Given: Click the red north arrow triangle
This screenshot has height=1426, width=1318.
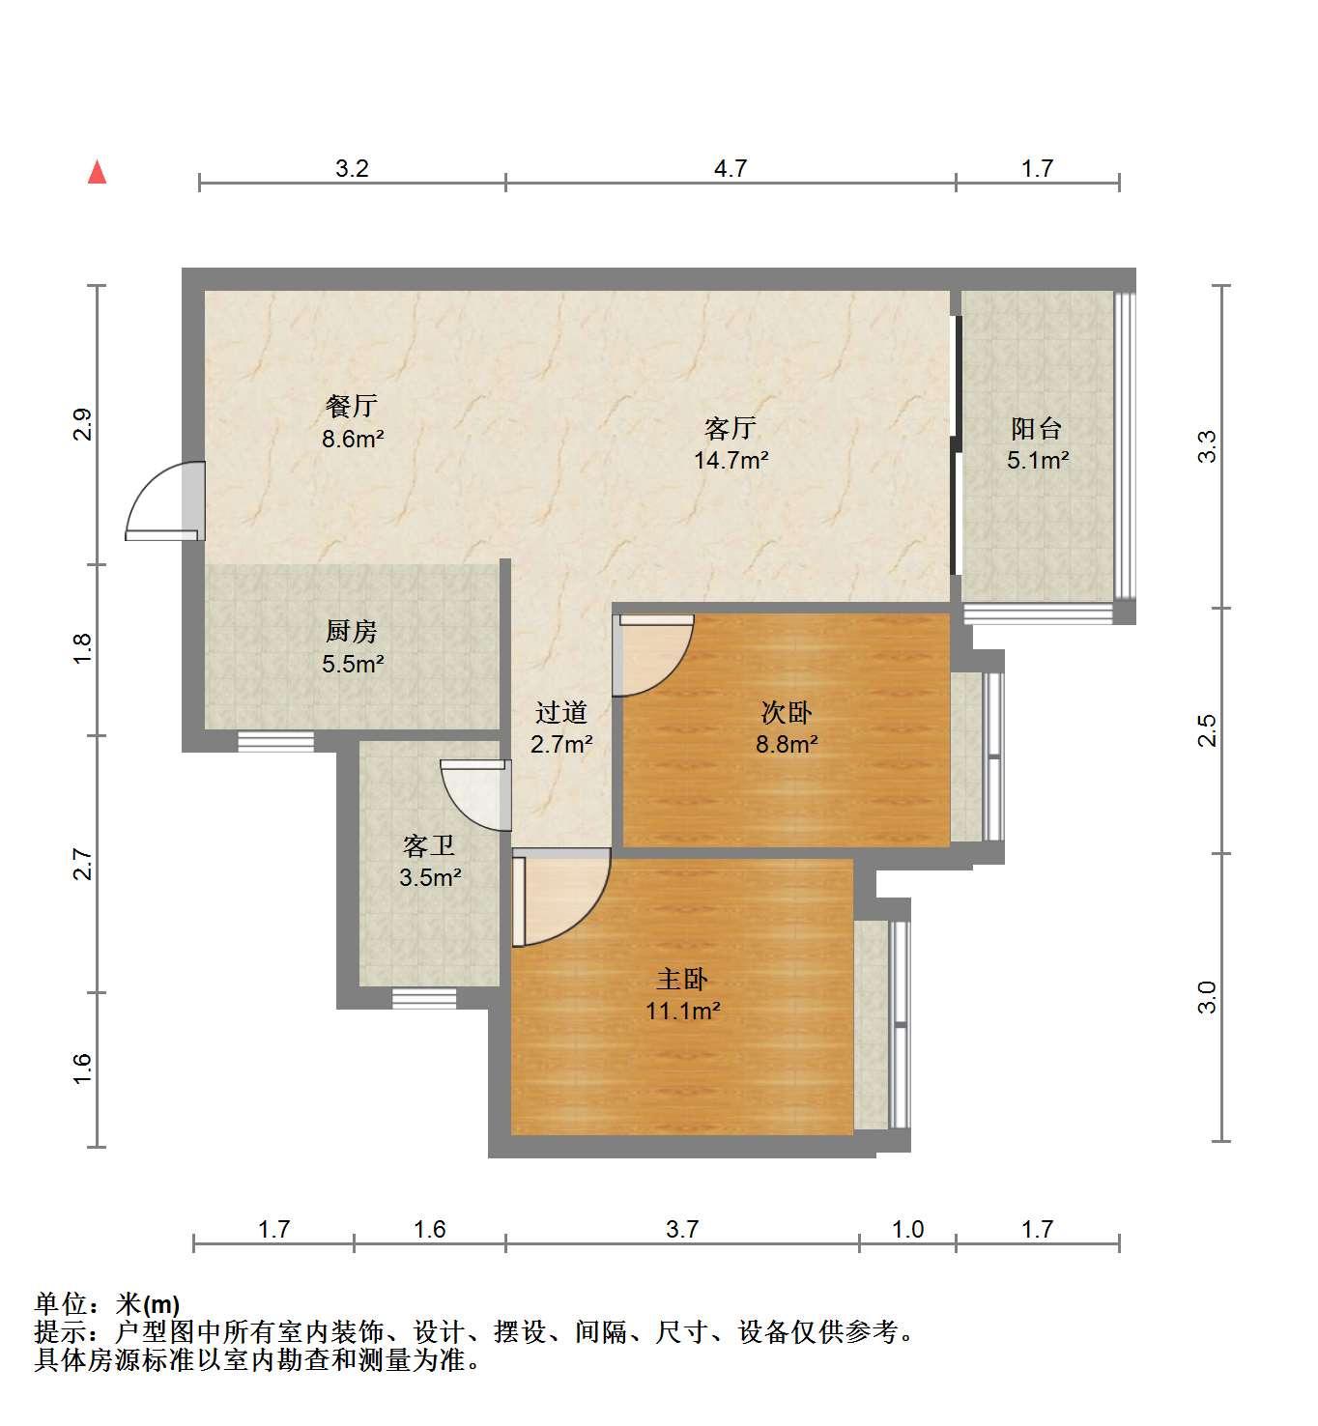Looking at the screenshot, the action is pyautogui.click(x=97, y=173).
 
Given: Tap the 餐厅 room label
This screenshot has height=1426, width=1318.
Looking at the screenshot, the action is pyautogui.click(x=351, y=407).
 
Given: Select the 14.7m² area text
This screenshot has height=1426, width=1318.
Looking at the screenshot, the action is pyautogui.click(x=731, y=460).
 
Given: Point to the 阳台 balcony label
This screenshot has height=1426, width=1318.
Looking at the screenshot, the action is pyautogui.click(x=1037, y=429).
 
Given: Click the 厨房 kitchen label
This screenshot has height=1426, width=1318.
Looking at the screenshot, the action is pyautogui.click(x=351, y=632).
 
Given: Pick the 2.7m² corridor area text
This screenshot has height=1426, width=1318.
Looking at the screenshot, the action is pyautogui.click(x=561, y=744).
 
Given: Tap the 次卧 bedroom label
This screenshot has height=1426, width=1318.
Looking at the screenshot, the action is pyautogui.click(x=787, y=713).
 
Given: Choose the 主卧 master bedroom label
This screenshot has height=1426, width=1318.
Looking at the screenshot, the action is pyautogui.click(x=682, y=980).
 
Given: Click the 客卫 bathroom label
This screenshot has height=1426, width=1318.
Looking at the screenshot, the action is pyautogui.click(x=429, y=845).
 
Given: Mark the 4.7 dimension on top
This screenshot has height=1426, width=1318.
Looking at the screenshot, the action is pyautogui.click(x=731, y=169).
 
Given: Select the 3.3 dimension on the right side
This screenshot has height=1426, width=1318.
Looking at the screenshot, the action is pyautogui.click(x=1208, y=446).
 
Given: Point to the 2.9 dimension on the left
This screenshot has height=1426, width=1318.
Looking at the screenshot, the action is pyautogui.click(x=83, y=423).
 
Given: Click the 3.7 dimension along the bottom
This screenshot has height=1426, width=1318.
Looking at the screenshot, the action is pyautogui.click(x=681, y=1229).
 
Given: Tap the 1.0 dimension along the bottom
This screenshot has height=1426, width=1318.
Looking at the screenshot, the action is pyautogui.click(x=908, y=1229).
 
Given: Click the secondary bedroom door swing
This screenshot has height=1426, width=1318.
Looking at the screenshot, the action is pyautogui.click(x=653, y=655).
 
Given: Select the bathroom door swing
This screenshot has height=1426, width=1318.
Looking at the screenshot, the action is pyautogui.click(x=475, y=795).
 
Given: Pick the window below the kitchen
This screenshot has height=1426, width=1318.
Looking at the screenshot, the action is pyautogui.click(x=275, y=741).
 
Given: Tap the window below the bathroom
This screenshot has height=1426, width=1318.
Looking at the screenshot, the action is pyautogui.click(x=424, y=998).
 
